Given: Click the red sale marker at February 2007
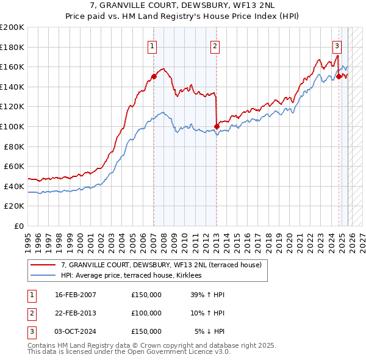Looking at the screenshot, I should click(154, 77).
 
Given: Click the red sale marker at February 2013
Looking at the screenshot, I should click(217, 126).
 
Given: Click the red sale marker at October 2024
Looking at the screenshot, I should click(339, 77).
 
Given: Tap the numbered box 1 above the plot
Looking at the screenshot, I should click(151, 45).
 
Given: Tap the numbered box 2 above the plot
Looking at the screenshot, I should click(215, 45).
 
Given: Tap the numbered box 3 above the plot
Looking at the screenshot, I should click(337, 45).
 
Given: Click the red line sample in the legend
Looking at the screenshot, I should click(43, 265).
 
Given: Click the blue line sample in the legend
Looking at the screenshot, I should click(43, 276).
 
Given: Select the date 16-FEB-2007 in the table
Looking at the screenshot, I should click(75, 295).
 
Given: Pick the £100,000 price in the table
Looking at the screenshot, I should click(146, 313).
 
